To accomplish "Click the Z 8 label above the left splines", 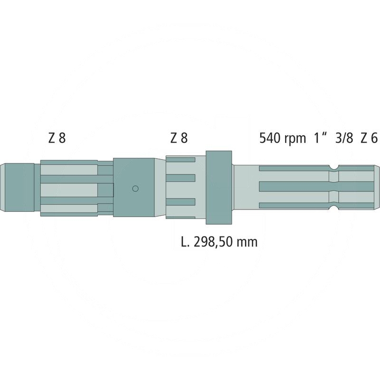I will [x=57, y=138].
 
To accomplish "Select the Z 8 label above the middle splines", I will [x=179, y=138].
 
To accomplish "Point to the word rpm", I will [x=295, y=139].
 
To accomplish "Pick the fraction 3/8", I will [x=344, y=138].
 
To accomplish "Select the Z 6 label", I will [x=369, y=138].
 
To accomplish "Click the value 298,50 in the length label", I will [x=217, y=242].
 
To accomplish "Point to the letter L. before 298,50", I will [x=185, y=242].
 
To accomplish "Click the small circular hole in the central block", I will [x=135, y=189].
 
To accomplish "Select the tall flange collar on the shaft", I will [x=218, y=188].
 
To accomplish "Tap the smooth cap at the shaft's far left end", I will [x=19, y=187].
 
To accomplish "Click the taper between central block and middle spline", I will [x=160, y=188].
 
